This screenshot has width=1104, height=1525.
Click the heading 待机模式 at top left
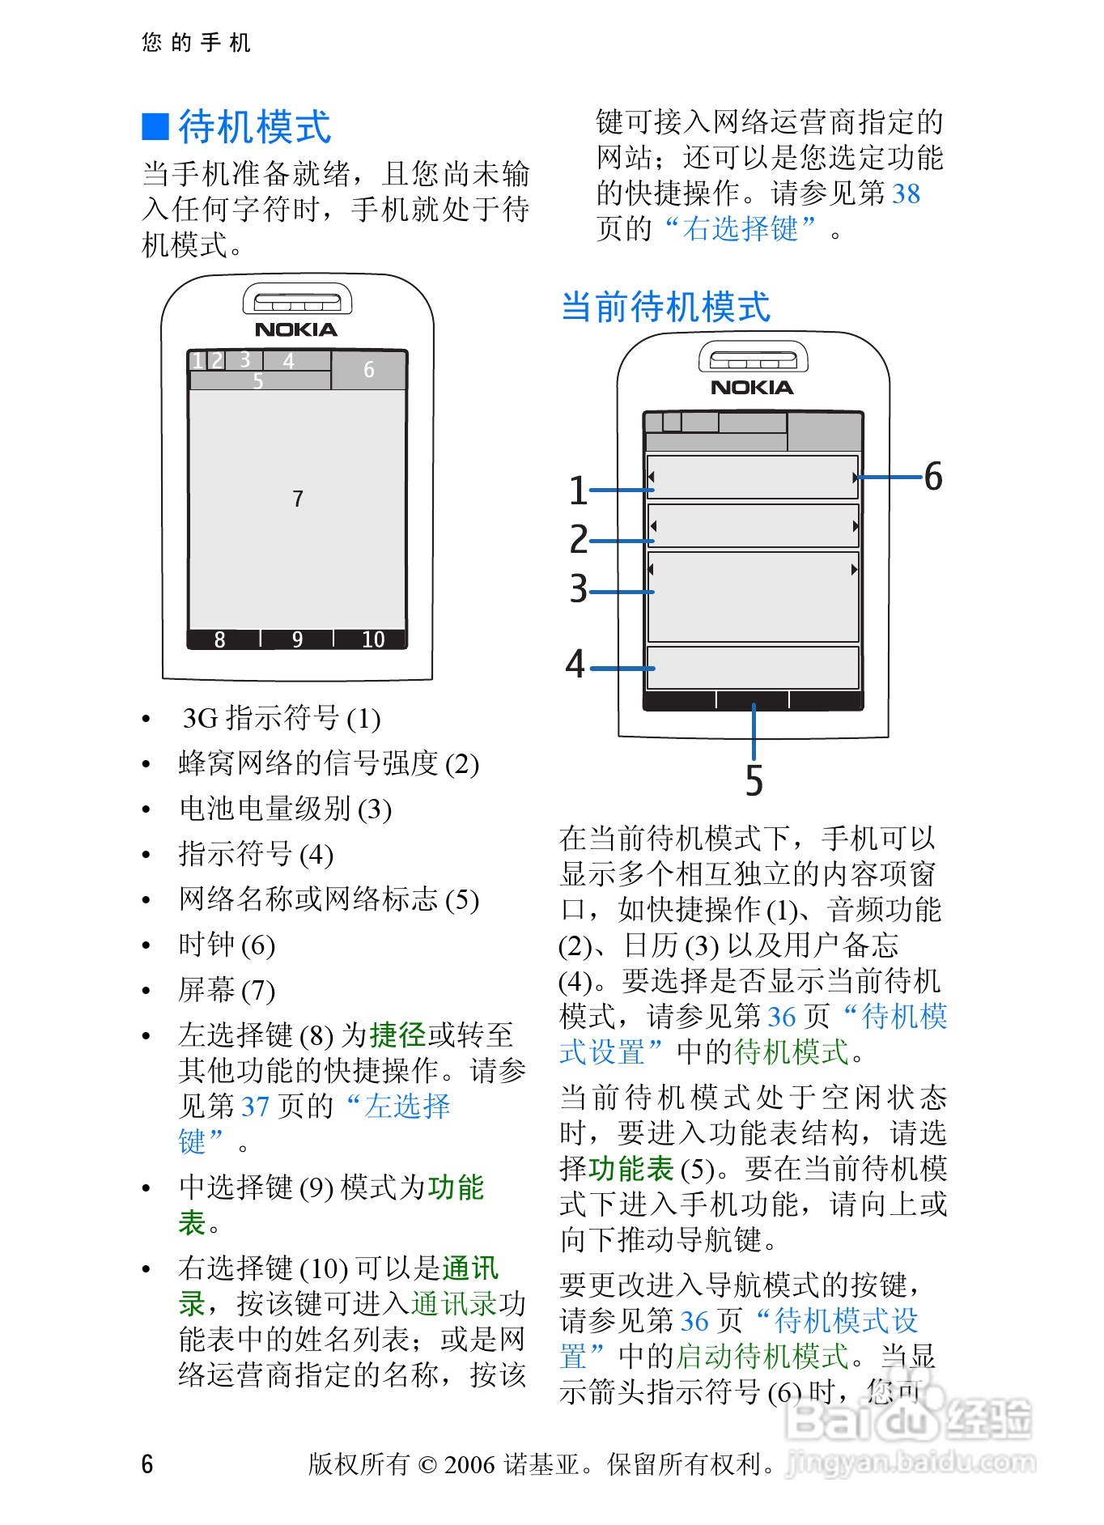click(x=254, y=127)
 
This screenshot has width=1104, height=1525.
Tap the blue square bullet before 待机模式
click(x=155, y=127)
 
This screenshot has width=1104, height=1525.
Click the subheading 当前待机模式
click(x=665, y=308)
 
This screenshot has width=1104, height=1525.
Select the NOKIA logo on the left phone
click(x=296, y=329)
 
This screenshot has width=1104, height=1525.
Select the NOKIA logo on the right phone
click(x=752, y=388)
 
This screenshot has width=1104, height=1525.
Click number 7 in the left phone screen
click(x=298, y=499)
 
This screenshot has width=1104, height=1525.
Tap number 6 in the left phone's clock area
click(x=368, y=370)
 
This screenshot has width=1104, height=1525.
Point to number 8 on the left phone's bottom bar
click(x=220, y=639)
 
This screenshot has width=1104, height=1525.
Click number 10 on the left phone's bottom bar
click(x=373, y=639)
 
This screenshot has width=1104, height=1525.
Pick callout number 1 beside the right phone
click(x=578, y=491)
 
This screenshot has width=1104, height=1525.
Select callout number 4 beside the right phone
click(x=575, y=664)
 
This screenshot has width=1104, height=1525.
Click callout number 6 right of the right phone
click(x=933, y=476)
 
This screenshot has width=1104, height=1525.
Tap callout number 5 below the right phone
click(x=754, y=780)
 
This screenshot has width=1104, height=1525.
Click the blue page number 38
click(x=906, y=193)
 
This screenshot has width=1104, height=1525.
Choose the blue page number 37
click(x=255, y=1106)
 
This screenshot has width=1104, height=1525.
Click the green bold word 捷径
click(x=398, y=1034)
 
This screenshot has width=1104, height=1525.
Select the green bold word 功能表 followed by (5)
click(x=631, y=1168)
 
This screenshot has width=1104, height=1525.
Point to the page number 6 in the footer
click(x=147, y=1463)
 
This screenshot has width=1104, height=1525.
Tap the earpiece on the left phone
click(x=297, y=302)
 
